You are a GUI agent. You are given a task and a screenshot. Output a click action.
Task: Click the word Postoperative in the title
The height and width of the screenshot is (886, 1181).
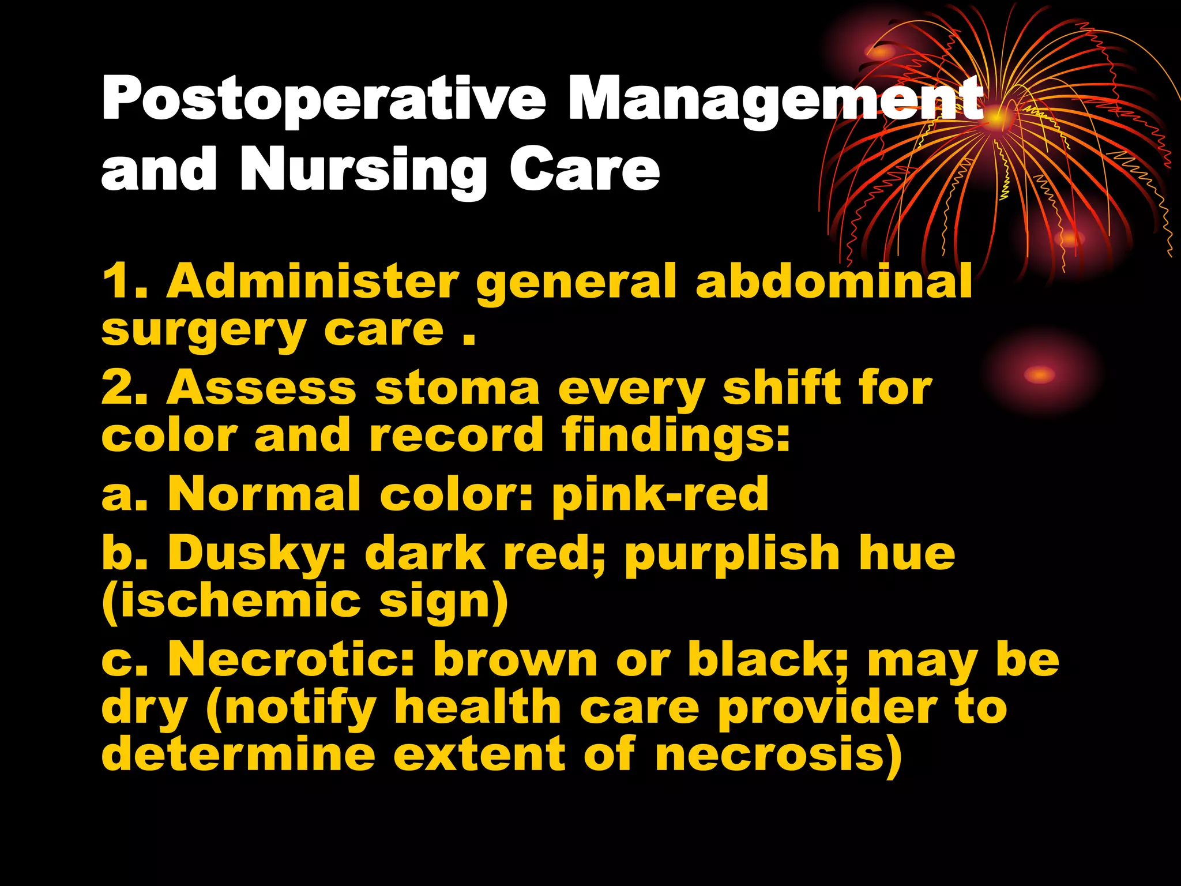(324, 99)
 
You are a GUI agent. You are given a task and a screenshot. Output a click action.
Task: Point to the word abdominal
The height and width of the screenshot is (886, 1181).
(834, 281)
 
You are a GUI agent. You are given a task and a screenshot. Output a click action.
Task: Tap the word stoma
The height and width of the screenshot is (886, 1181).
(457, 388)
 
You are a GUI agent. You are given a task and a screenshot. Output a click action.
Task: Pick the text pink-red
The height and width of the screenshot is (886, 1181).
(660, 495)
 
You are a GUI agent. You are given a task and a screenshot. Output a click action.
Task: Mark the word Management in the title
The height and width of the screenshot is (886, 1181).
(776, 99)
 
